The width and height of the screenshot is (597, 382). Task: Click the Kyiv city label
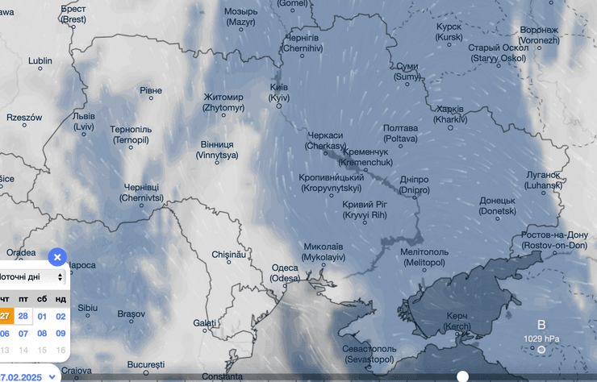[x=278, y=92]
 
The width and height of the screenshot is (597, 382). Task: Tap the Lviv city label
[x=84, y=121]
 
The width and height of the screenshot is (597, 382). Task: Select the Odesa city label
[x=284, y=272]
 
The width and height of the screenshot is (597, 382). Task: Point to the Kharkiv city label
[x=449, y=114]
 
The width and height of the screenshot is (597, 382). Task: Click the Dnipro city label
[x=414, y=185]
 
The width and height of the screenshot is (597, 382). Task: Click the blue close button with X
[x=57, y=257]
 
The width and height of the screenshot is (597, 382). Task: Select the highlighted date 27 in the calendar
[x=5, y=315]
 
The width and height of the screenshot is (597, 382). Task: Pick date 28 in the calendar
[x=23, y=315]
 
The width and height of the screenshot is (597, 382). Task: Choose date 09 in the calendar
[x=61, y=333]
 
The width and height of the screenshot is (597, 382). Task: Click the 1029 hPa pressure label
[x=541, y=338]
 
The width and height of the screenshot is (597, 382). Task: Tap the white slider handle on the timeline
[x=462, y=376]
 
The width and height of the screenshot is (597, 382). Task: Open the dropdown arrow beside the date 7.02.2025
[x=52, y=376]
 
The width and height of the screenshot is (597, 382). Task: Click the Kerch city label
[x=457, y=320]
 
